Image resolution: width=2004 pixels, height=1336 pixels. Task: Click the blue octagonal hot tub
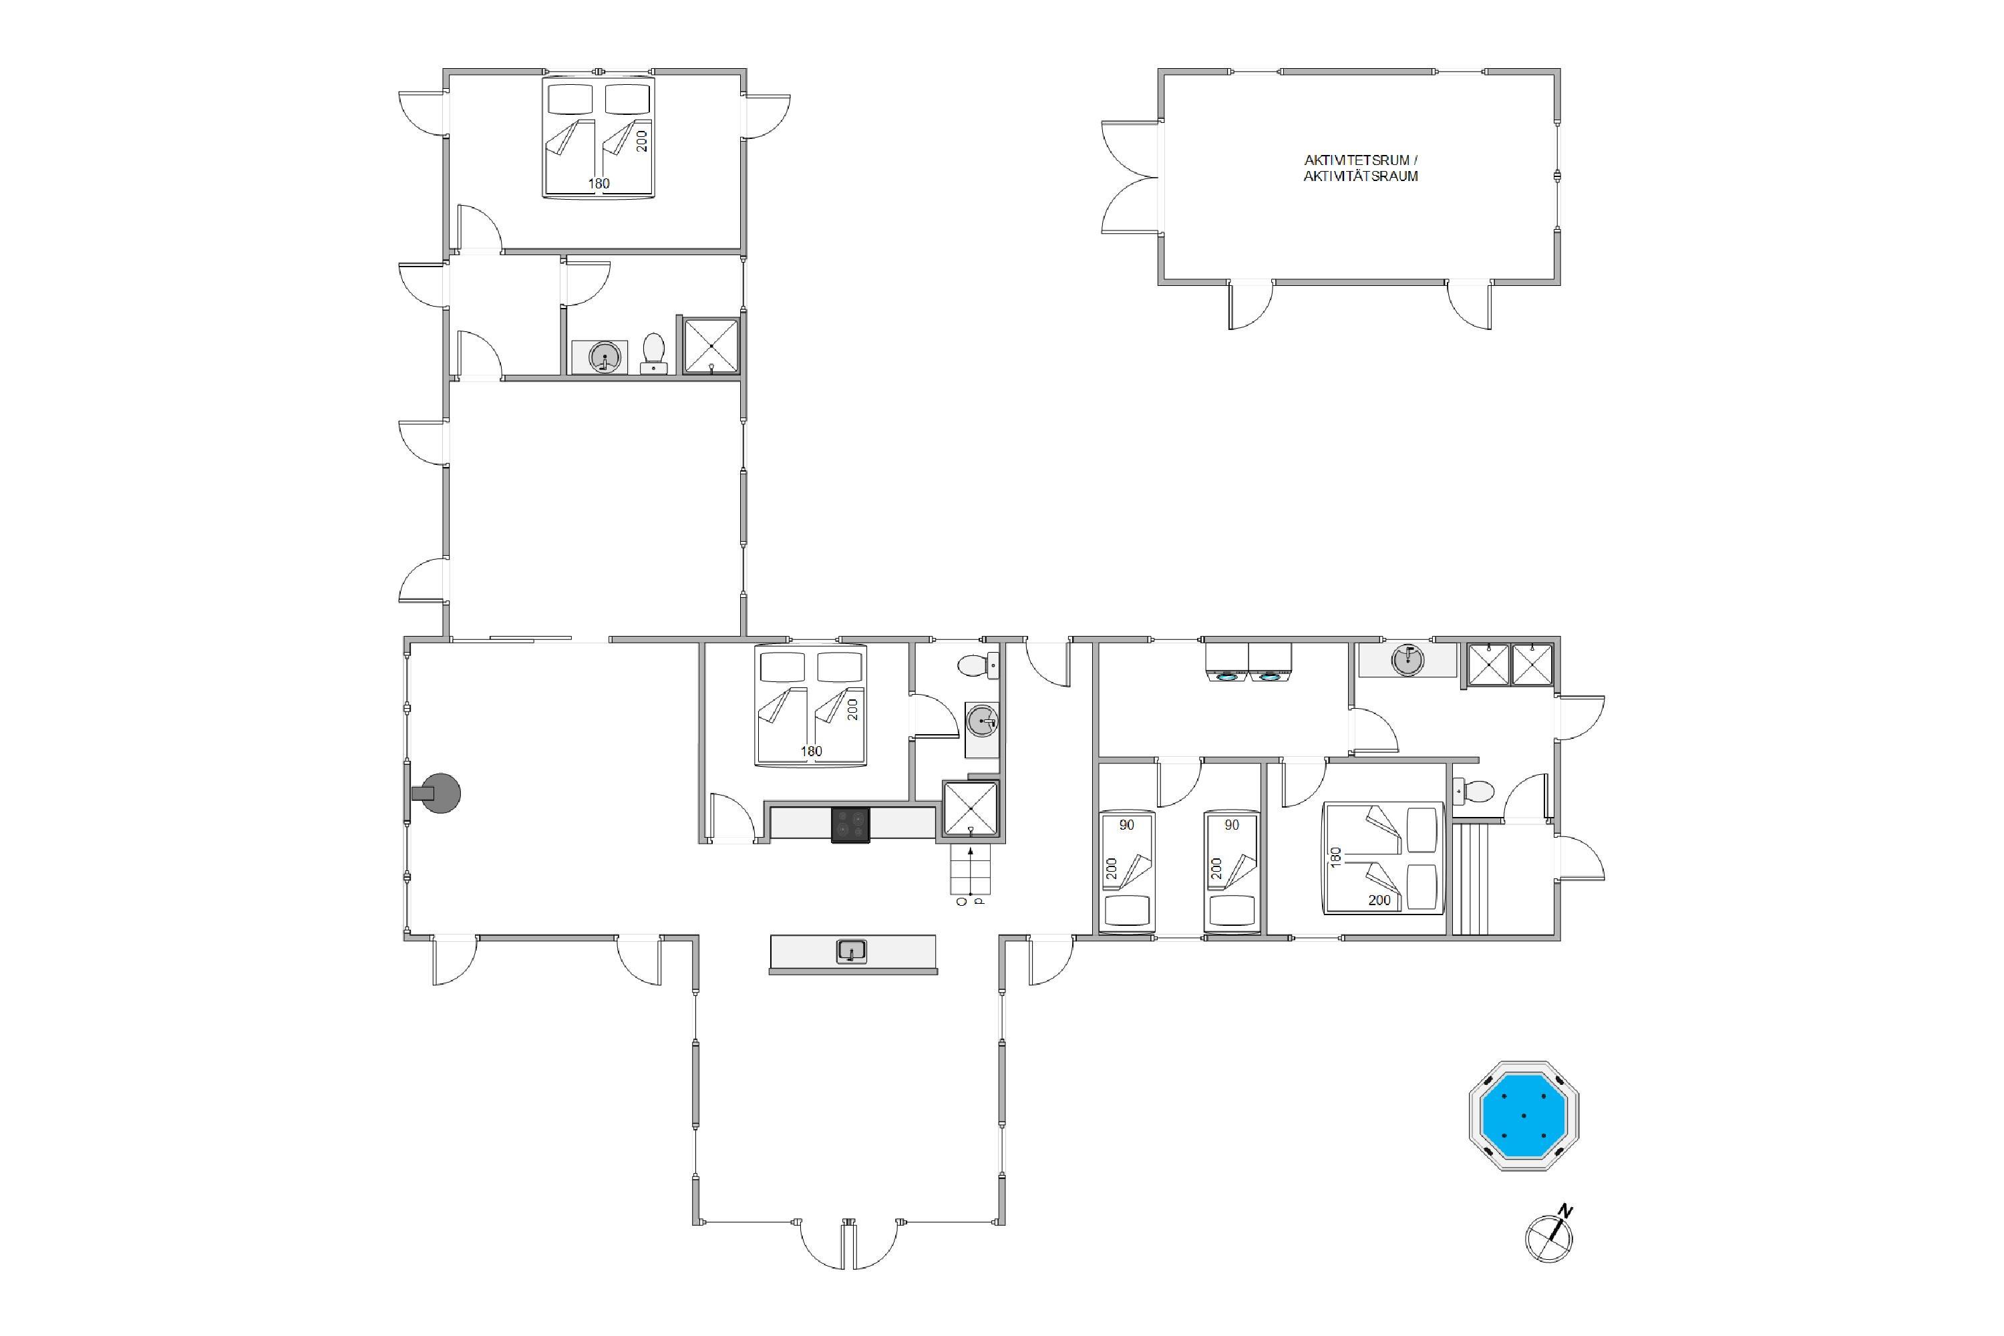(1524, 1116)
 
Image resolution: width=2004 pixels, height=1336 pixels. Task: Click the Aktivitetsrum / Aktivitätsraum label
(1361, 168)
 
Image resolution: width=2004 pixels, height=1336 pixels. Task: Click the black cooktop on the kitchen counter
(850, 825)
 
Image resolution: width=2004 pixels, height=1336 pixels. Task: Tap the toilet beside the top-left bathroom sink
(653, 353)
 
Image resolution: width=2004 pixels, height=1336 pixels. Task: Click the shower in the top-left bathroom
(711, 345)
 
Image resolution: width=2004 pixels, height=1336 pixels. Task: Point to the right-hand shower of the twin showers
(1532, 665)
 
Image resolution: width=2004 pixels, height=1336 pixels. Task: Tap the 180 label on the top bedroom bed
(599, 183)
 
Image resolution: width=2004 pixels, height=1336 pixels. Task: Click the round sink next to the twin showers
(1407, 659)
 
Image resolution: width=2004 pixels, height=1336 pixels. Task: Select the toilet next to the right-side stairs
(1475, 792)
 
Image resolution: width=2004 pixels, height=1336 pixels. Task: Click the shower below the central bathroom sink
(970, 808)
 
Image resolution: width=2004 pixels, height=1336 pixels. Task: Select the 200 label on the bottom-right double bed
(1379, 900)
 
